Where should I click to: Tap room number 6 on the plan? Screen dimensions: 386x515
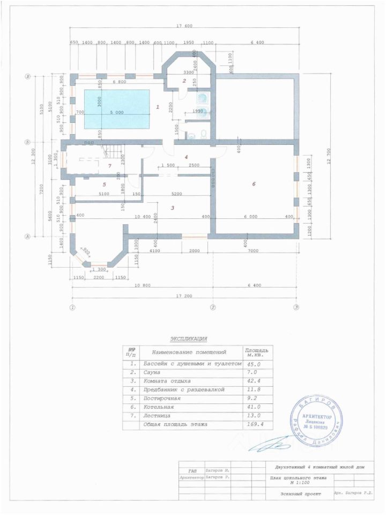point(254,184)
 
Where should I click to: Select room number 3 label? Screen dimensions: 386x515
point(172,208)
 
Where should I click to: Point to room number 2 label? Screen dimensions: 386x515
point(184,81)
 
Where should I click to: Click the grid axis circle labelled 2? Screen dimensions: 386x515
point(212,307)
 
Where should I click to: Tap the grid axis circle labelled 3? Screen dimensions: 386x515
point(295,307)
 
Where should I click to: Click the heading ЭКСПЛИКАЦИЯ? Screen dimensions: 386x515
point(188,339)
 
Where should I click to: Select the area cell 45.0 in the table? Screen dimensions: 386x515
point(252,363)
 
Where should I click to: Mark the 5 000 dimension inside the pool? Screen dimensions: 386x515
point(116,112)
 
